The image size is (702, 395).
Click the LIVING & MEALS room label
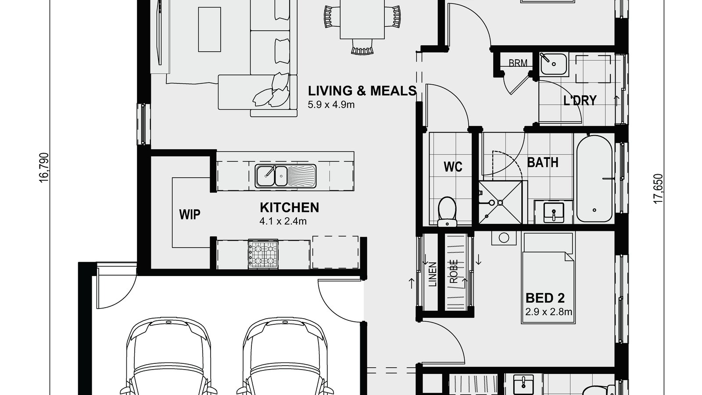(x=362, y=91)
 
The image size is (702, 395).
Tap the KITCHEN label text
(x=289, y=207)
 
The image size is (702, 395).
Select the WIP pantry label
(x=190, y=215)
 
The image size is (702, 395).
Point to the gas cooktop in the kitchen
(x=263, y=254)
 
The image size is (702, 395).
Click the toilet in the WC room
(x=448, y=212)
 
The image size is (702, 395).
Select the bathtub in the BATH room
(x=594, y=178)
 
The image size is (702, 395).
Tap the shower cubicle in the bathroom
(x=500, y=202)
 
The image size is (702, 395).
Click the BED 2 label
(x=545, y=298)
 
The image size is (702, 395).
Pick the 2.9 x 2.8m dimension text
(x=548, y=312)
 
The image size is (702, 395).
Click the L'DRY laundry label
(x=580, y=101)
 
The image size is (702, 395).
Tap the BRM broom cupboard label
(x=518, y=63)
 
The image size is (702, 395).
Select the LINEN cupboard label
(x=433, y=274)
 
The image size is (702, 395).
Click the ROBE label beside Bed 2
(x=454, y=271)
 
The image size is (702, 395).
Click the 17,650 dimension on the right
(x=658, y=189)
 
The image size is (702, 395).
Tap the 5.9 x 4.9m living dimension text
(x=331, y=104)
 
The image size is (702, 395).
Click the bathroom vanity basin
(x=554, y=212)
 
